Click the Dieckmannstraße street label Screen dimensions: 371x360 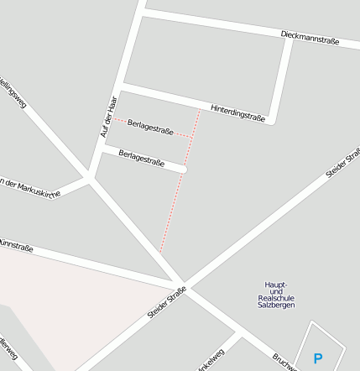click(x=310, y=37)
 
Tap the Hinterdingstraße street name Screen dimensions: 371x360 click(x=237, y=113)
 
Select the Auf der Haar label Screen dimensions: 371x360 click(x=107, y=117)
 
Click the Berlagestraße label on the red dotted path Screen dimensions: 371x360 click(x=150, y=131)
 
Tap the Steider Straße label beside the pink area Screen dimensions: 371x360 click(x=166, y=303)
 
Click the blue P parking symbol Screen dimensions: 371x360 click(x=317, y=358)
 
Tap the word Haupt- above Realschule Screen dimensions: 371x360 click(x=275, y=285)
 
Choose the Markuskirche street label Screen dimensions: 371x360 click(x=30, y=187)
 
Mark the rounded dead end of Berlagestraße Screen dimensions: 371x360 click(x=183, y=170)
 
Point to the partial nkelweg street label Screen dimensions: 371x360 click(x=211, y=361)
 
